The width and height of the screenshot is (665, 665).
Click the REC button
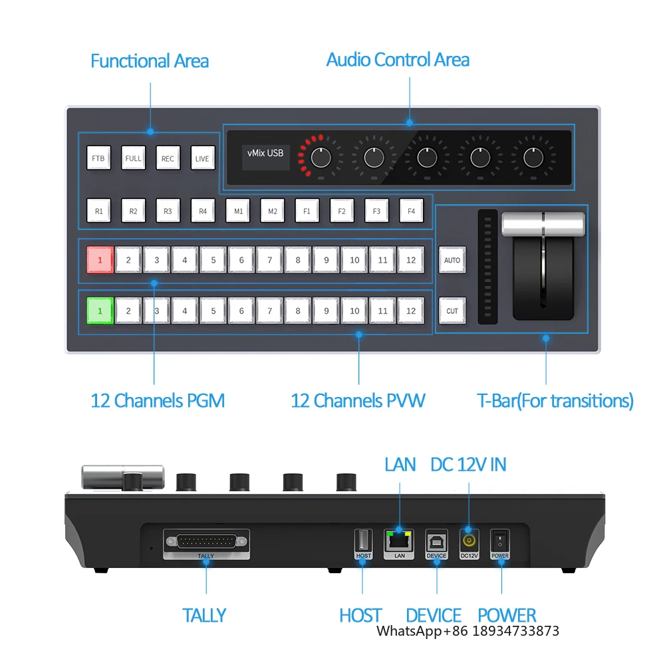tap(168, 158)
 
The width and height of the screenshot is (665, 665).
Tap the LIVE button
tap(203, 158)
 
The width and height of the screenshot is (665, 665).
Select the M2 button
tap(272, 211)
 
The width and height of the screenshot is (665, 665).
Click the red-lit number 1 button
tap(100, 259)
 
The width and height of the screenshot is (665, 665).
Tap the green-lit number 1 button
tap(100, 311)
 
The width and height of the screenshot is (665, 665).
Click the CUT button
tap(452, 311)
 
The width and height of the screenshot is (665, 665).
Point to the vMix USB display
tap(265, 158)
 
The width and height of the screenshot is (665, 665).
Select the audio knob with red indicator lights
tap(321, 158)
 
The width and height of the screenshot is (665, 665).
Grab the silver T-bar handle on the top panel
tap(543, 223)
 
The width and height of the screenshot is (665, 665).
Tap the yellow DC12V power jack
tap(469, 541)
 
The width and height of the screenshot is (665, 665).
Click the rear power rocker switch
tap(499, 541)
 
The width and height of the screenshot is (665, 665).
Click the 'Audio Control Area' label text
tap(398, 60)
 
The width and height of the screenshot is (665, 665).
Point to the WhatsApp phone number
tap(516, 631)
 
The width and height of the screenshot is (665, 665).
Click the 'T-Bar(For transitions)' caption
tap(555, 401)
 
